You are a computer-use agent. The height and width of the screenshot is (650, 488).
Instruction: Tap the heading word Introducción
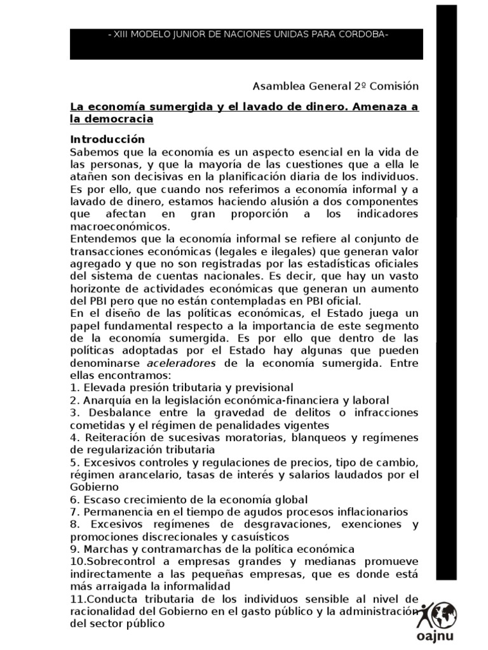coord(107,139)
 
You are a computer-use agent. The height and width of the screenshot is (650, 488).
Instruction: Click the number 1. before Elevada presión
coord(74,387)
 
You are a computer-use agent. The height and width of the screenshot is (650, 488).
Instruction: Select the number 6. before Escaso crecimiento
coord(74,500)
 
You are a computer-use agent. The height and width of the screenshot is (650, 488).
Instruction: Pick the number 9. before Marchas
coord(74,548)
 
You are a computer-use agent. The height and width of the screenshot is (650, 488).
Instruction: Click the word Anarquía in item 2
coord(102,400)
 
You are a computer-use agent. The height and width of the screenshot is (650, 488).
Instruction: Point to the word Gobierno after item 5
coord(95,487)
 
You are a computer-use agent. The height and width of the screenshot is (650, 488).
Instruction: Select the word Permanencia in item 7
coord(111,512)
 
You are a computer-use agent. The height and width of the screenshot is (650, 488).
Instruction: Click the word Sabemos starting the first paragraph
coord(92,152)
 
